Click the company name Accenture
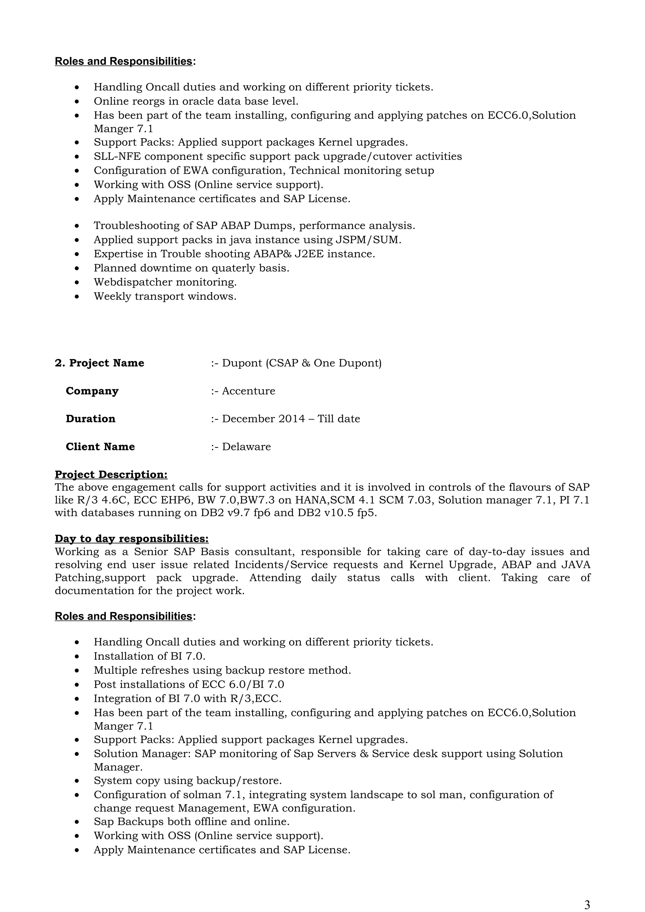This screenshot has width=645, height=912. (x=248, y=391)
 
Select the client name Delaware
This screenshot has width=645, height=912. (x=246, y=447)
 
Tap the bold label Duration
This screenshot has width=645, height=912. (x=91, y=419)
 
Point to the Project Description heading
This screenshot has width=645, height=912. (x=111, y=474)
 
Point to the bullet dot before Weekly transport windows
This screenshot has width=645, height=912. (x=77, y=296)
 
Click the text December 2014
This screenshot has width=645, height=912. (x=264, y=419)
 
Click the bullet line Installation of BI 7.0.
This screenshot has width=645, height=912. (x=149, y=656)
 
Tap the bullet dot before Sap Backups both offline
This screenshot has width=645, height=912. (x=77, y=821)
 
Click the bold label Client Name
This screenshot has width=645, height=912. (x=100, y=447)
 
